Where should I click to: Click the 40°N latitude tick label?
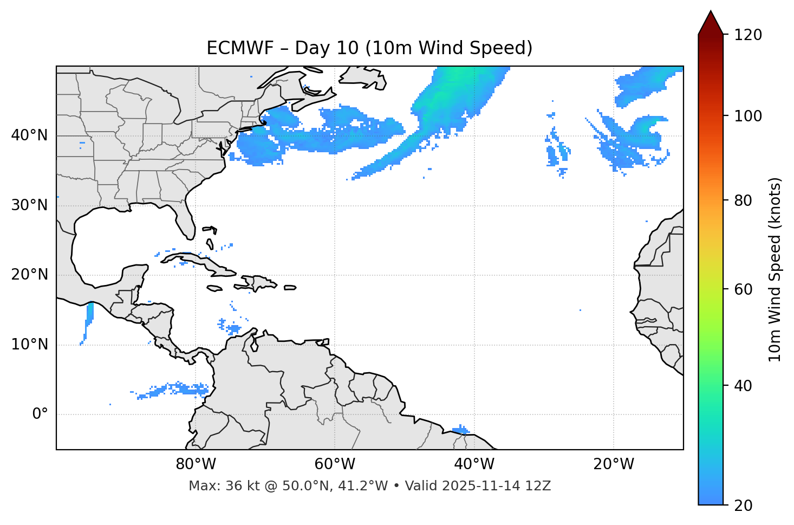[29, 135]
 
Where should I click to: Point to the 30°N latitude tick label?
[29, 205]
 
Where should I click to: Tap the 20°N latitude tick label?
[29, 275]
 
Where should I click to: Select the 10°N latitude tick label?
[29, 345]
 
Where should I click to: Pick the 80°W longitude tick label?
[196, 464]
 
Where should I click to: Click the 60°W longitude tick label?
[335, 464]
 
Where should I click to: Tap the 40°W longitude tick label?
[474, 464]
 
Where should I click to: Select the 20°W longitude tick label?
[614, 464]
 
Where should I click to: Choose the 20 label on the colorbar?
[743, 505]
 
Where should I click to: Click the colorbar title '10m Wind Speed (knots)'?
[775, 270]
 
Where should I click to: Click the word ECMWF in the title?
[239, 48]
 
